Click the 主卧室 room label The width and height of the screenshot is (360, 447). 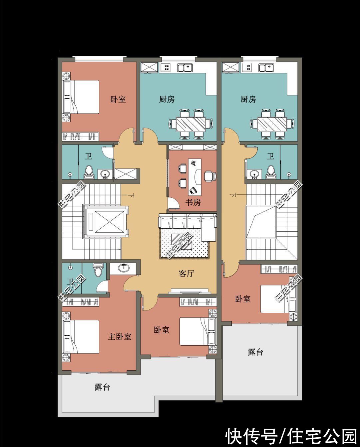[120, 337]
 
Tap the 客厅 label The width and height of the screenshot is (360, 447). [186, 274]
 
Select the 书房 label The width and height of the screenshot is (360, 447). [193, 202]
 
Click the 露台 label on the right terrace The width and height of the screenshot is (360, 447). [255, 352]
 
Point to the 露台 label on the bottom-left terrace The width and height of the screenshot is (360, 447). [102, 387]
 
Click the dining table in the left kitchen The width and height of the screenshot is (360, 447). [191, 124]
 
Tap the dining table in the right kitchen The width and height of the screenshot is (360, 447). [272, 124]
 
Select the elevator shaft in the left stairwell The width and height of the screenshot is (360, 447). [105, 221]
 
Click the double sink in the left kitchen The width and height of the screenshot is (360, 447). [185, 68]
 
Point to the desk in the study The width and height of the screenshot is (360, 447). [195, 176]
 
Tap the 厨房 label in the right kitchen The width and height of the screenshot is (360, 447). [248, 99]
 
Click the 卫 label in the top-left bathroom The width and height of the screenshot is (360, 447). [88, 156]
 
